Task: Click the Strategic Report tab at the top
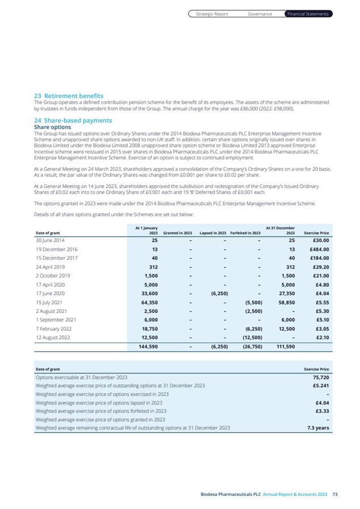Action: [212, 14]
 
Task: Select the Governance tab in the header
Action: [260, 14]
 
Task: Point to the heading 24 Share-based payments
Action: [73, 120]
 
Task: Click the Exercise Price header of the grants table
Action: [317, 233]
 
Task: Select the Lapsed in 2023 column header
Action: [213, 233]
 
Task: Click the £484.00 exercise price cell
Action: [318, 249]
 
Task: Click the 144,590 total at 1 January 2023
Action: [148, 346]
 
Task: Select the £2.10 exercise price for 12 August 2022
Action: [321, 337]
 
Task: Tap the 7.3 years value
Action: [319, 428]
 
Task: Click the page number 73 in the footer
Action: [335, 495]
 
